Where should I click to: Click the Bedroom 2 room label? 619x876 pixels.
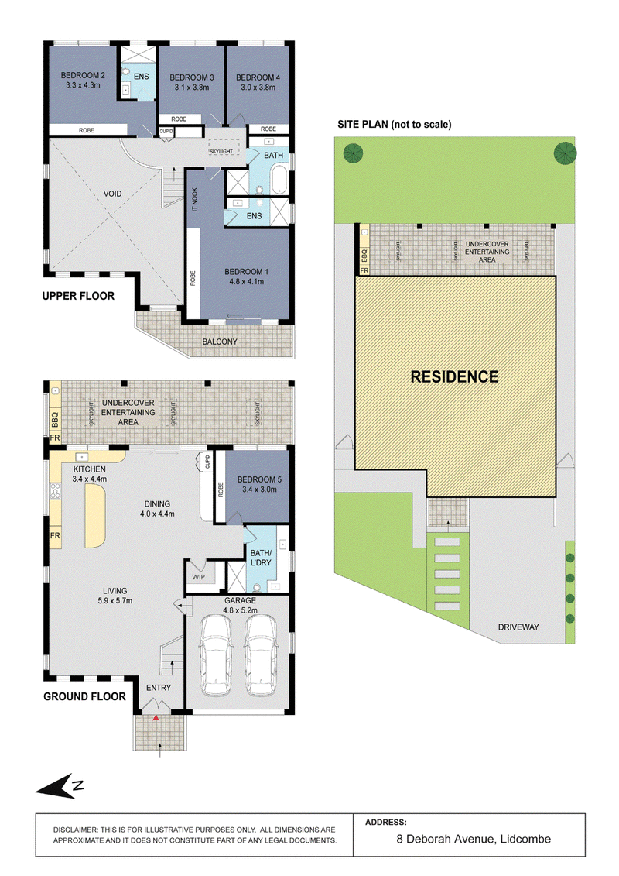83,75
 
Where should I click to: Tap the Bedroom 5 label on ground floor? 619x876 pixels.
259,479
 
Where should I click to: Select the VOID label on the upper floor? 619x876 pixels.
112,194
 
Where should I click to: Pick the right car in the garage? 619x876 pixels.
262,654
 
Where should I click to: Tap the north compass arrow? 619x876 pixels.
60,786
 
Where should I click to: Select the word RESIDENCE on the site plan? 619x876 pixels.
454,377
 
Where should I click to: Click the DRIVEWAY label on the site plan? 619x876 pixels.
518,627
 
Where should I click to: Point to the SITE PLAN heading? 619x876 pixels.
394,125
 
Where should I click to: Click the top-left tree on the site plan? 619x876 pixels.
354,153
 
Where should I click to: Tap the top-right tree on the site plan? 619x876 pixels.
565,153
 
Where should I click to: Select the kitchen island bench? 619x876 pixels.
95,516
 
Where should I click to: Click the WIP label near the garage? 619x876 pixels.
198,577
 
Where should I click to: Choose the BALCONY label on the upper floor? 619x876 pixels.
219,342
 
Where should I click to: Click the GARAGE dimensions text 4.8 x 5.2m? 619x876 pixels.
240,610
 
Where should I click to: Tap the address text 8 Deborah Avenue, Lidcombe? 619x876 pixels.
474,839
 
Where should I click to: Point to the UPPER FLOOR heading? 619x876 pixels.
78,296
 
